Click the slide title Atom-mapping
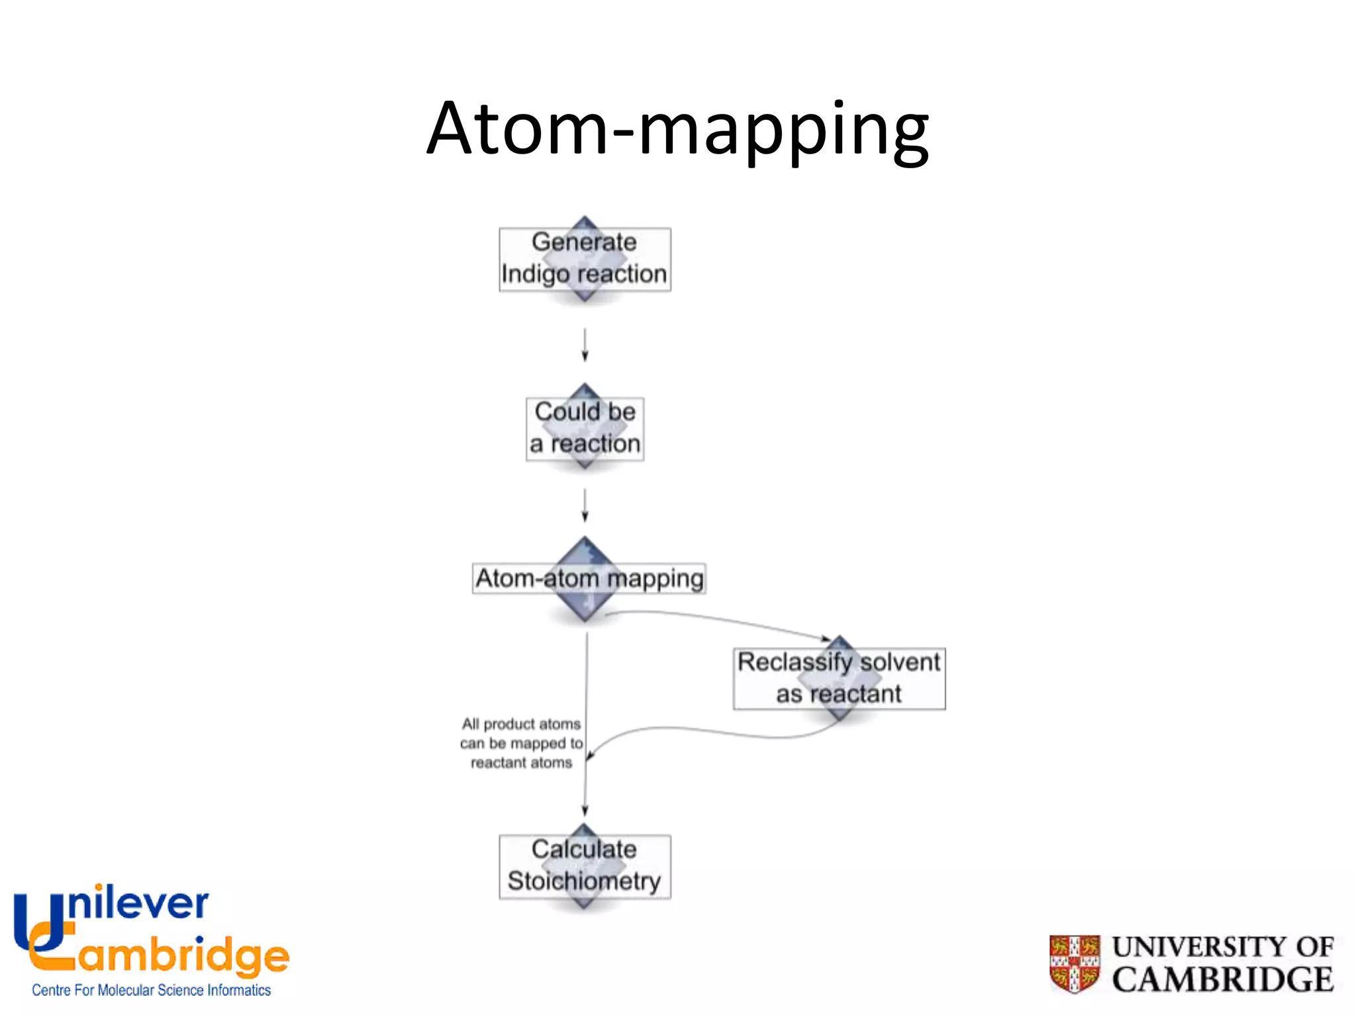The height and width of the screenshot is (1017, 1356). [x=677, y=129]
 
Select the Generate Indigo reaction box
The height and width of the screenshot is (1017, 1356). [x=585, y=259]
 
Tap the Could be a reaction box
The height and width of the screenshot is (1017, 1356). [x=585, y=428]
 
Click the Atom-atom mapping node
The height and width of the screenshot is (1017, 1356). [x=588, y=579]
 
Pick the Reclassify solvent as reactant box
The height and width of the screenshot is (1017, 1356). [x=839, y=679]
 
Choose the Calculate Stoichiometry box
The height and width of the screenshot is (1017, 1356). [x=585, y=866]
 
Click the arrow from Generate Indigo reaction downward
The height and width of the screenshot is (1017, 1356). [x=585, y=344]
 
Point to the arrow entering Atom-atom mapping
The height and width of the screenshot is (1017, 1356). [x=585, y=506]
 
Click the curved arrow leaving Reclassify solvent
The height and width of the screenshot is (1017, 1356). [x=715, y=731]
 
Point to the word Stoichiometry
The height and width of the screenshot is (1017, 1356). [x=584, y=881]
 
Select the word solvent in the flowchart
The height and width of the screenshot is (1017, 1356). [x=900, y=662]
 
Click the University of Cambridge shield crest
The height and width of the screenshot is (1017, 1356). [x=1075, y=963]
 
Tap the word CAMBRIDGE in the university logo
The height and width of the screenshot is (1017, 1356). [x=1222, y=980]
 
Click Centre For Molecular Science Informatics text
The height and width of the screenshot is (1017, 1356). [x=151, y=990]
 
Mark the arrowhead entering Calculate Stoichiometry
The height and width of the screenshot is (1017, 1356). [x=585, y=811]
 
